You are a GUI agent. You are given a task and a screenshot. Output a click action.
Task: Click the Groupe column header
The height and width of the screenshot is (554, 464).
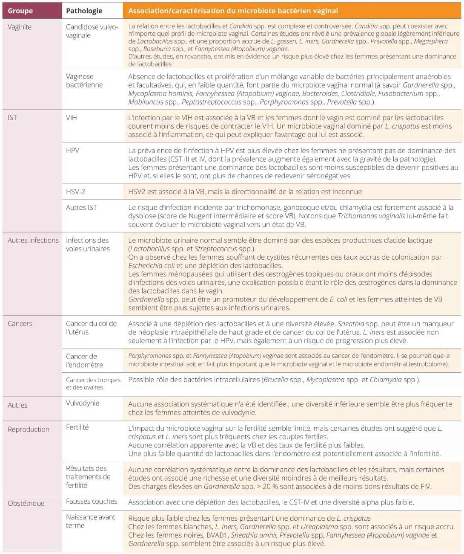point(20,11)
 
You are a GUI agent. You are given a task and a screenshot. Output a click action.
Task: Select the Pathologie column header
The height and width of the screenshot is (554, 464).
point(84,11)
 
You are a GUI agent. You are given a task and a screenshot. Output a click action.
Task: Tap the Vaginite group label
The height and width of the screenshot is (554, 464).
point(20,27)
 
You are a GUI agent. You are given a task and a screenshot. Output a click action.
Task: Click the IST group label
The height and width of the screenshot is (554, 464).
point(12,118)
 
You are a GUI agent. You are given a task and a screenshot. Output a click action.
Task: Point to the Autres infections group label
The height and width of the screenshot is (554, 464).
point(33,241)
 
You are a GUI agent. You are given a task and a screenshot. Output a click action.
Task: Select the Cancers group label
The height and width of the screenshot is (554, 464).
point(20,324)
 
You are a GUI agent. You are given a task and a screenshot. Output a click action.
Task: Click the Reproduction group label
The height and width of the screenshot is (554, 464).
point(29,429)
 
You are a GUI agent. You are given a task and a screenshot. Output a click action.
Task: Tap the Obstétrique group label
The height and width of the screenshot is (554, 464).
point(26,503)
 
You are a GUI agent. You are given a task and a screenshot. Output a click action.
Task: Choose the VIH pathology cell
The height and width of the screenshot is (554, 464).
point(72,118)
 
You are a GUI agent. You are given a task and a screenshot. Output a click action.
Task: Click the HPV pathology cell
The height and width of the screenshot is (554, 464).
point(72,151)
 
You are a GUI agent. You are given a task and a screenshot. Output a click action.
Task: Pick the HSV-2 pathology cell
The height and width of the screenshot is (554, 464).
point(75,192)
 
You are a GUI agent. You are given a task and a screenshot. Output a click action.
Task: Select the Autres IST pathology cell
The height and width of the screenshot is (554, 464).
point(81,208)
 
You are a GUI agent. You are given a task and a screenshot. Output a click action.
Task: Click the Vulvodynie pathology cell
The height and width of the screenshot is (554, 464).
point(83,403)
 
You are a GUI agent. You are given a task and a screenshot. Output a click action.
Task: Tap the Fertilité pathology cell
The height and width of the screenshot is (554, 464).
point(77,427)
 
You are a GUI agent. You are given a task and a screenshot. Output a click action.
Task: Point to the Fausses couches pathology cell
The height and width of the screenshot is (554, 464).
point(92,502)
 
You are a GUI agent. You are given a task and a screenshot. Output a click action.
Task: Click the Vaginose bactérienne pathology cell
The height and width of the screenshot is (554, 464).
point(84,81)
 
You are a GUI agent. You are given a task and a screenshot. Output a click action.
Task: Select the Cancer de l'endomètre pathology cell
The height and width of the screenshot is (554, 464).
point(84,361)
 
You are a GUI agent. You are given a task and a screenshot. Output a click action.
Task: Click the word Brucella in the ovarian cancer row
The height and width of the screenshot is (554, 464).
point(275,380)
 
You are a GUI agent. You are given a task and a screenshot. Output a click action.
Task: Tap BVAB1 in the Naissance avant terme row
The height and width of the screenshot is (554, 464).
point(218,535)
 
